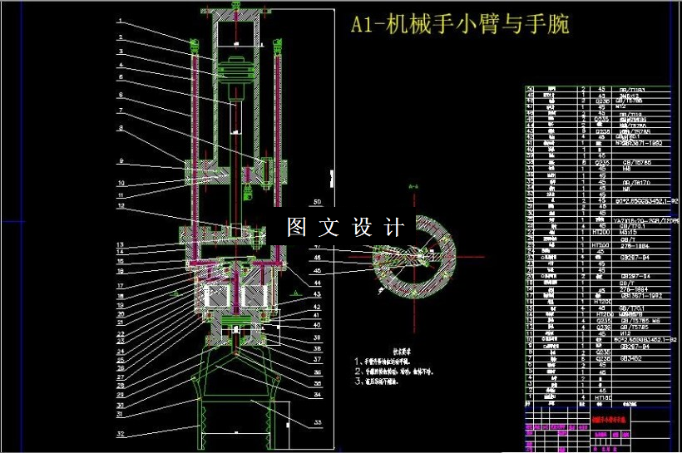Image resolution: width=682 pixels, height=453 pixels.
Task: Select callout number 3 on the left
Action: tap(120, 51)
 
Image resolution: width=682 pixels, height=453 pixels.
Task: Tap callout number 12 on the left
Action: tap(120, 205)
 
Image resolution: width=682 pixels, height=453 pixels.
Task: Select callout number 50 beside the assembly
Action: tap(316, 202)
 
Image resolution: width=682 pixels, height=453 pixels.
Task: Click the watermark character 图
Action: tap(297, 227)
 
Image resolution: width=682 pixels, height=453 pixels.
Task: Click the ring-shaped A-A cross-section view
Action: tap(416, 258)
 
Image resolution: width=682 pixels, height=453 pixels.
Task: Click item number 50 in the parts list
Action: tap(531, 89)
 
